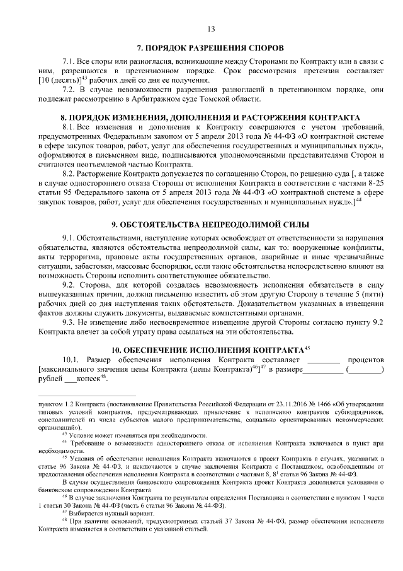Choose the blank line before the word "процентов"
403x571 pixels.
(323, 360)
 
